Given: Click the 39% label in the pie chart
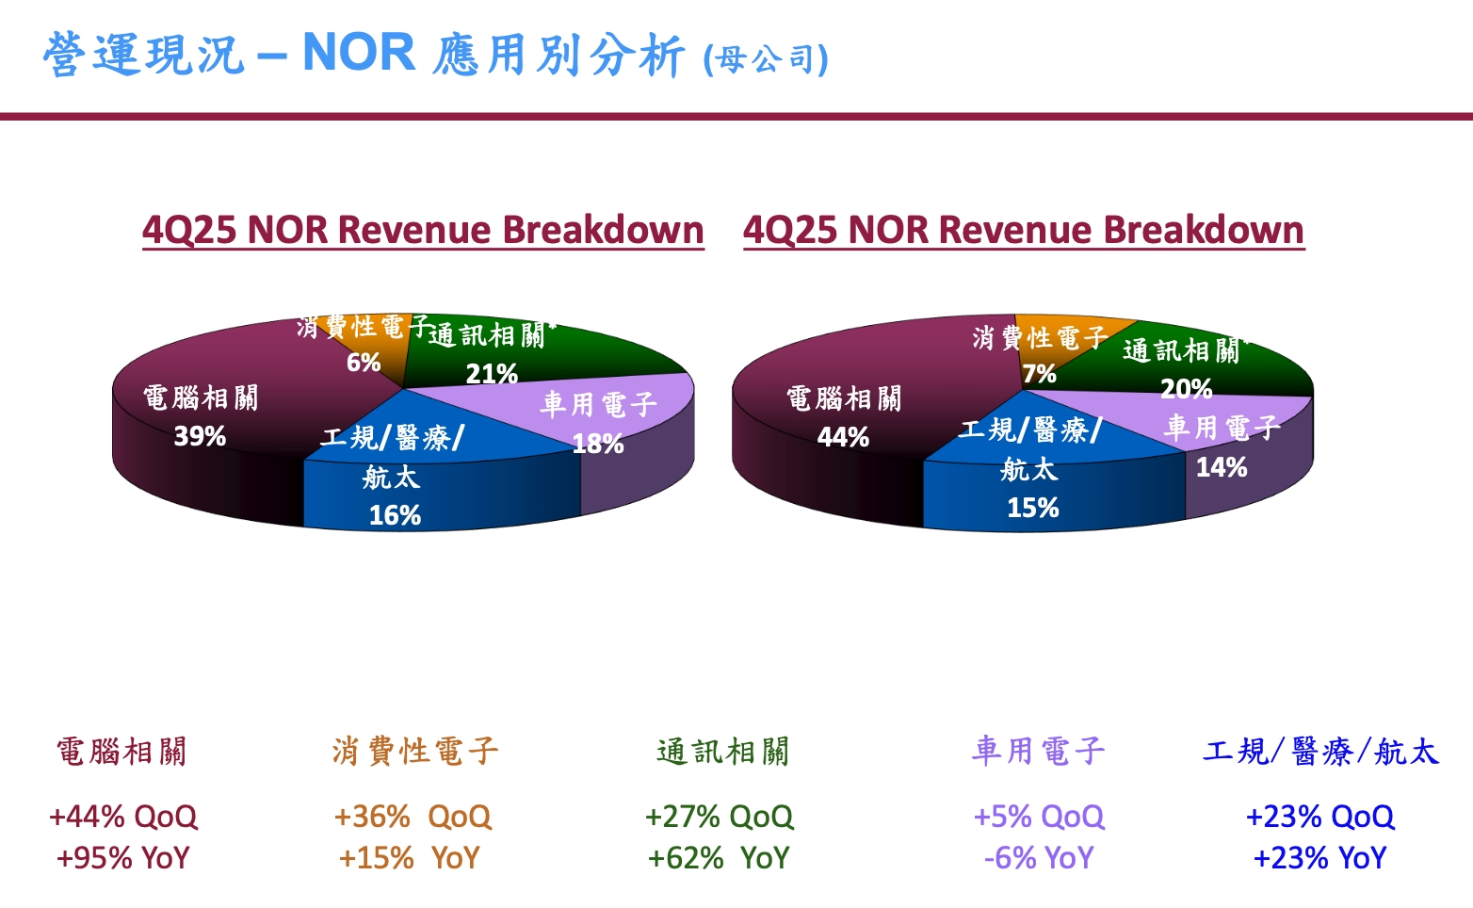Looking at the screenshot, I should coord(200,436).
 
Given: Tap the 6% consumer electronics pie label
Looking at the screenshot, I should coord(364,363).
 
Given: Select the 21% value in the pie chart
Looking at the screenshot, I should coord(492,374).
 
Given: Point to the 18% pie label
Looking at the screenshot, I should coord(598,444).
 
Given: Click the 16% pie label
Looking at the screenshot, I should coord(395,515).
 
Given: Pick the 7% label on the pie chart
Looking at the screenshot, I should coord(1039,374).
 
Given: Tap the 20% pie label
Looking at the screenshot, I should coord(1186,388).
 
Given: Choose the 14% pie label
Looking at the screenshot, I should coord(1222,467).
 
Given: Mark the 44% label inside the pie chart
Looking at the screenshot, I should coord(843,437).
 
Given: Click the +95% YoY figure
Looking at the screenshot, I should coord(123,858).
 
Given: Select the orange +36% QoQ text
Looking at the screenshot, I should coord(413,816).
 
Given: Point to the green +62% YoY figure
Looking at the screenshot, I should coord(718,858).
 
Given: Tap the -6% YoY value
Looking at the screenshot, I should coord(1039,858).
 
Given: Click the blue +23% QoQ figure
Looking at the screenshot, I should coord(1319,816).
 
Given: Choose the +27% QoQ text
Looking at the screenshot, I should coord(720,816).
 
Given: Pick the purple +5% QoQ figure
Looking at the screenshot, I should coord(1039,816).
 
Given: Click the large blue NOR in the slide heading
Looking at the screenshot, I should coord(359,53).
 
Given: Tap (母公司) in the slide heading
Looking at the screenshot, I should coord(766,60).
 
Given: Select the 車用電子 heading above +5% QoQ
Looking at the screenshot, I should coord(1039,751).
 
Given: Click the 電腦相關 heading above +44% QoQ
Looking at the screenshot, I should coord(122,752).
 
